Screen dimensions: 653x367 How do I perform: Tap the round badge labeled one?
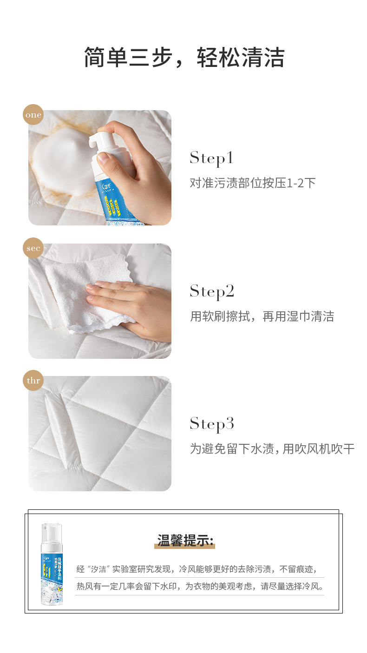click(x=33, y=115)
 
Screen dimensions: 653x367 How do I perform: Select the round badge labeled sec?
click(x=33, y=248)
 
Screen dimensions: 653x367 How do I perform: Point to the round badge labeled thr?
click(x=33, y=381)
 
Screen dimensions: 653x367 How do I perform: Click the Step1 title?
click(x=211, y=158)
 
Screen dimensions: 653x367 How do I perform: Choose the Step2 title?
click(x=212, y=291)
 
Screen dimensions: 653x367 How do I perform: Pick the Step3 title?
click(x=212, y=424)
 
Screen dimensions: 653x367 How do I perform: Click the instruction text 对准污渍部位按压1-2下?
click(x=253, y=183)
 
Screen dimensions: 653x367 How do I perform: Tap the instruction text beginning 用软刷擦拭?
click(x=262, y=317)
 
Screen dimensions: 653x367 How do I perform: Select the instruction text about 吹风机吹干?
click(x=272, y=449)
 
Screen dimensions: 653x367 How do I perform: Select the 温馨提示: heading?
click(x=185, y=541)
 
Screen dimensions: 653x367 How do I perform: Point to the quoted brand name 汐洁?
click(x=98, y=569)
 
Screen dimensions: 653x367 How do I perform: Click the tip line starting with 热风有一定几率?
click(x=200, y=586)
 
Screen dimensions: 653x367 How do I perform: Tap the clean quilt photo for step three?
click(x=100, y=433)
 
